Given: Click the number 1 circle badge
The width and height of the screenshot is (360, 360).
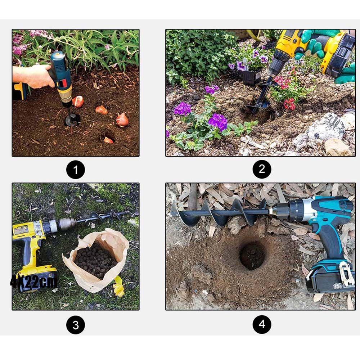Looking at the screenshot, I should pos(76,169).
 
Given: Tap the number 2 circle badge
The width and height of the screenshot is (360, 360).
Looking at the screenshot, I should pos(262,169).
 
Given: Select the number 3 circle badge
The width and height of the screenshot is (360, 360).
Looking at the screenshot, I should pos(76,325).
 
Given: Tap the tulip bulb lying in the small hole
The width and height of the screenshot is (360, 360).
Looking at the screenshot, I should pos(108,140).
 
